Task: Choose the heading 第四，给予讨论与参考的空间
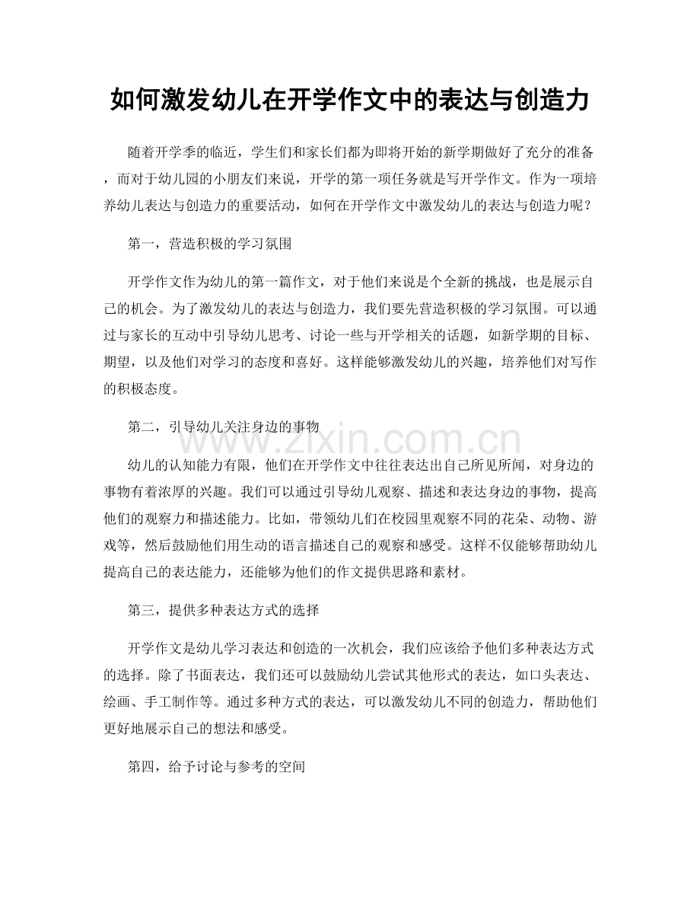(x=217, y=768)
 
